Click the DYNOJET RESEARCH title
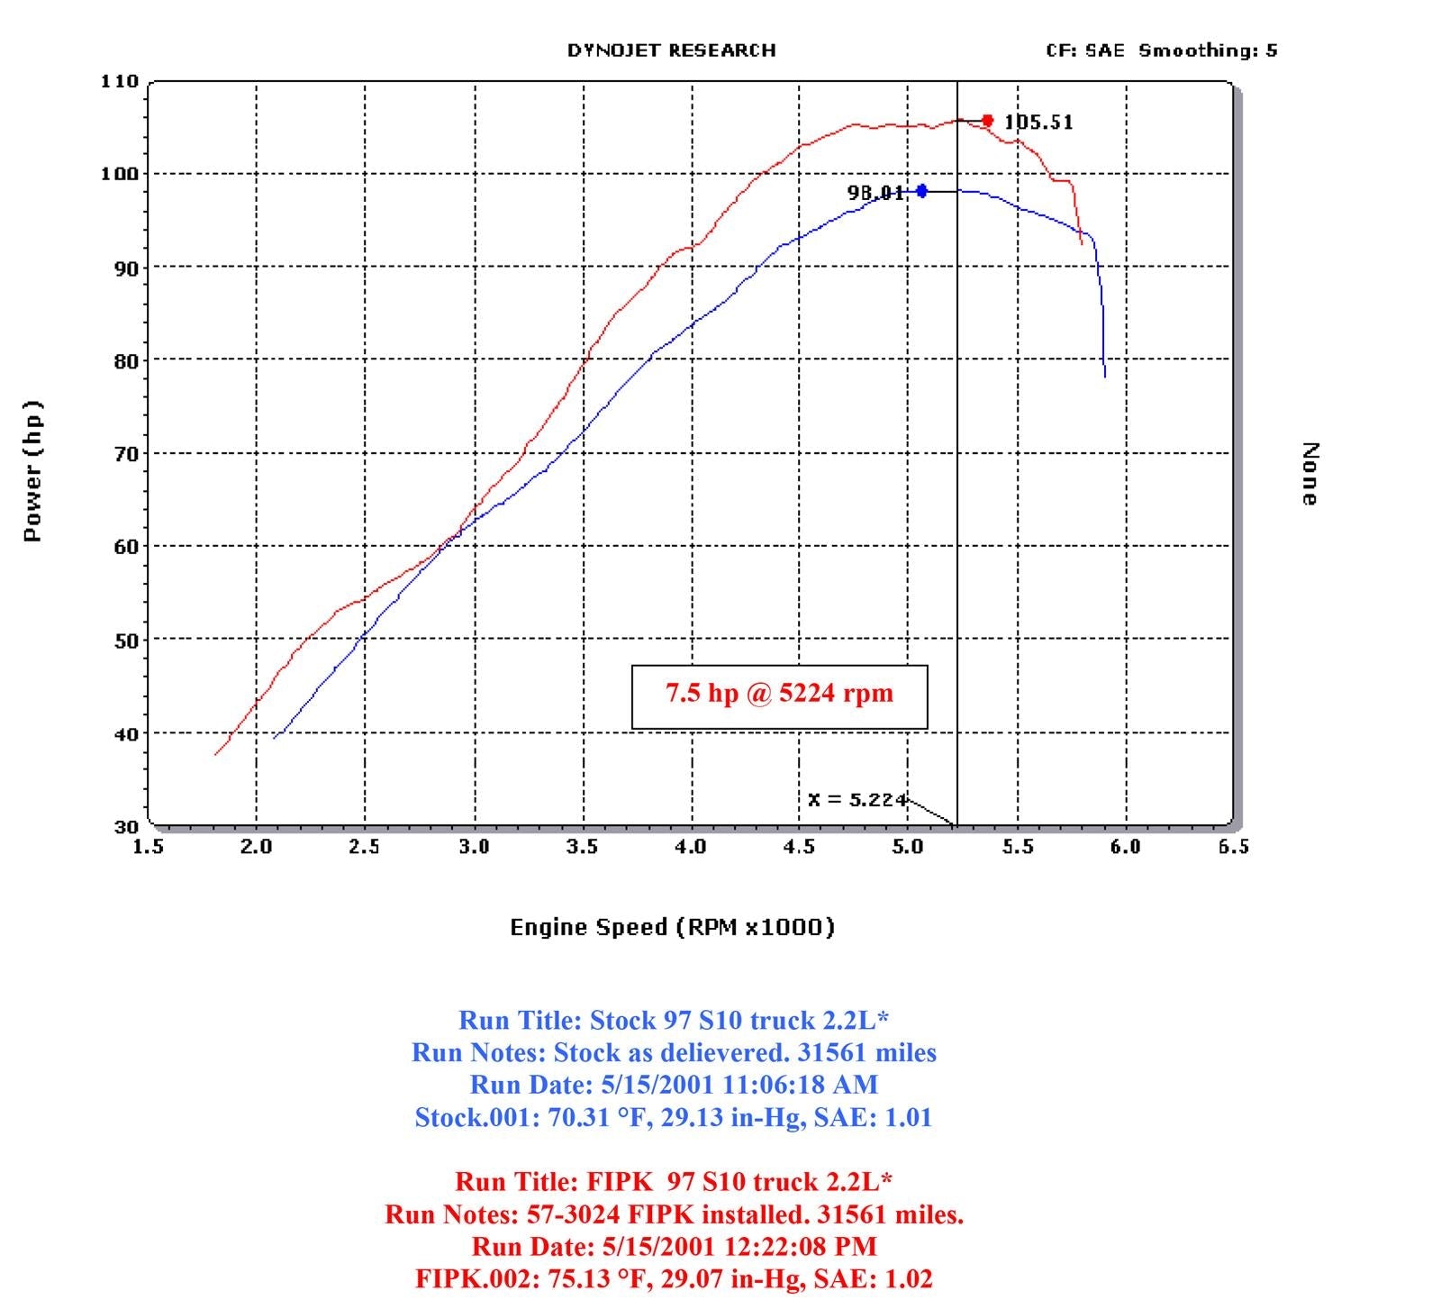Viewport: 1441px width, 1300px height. coord(671,50)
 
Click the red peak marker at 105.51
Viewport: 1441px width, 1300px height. coord(988,121)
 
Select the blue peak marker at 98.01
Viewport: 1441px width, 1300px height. coord(921,191)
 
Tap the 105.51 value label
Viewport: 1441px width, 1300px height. coord(1038,123)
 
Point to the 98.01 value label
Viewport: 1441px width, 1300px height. coord(875,193)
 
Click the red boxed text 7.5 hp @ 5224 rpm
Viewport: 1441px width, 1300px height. coord(779,694)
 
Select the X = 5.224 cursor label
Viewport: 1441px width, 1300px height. coord(856,800)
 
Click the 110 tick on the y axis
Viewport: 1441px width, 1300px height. coord(120,82)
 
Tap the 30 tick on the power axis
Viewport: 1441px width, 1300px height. coord(127,827)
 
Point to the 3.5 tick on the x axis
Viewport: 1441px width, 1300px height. coord(583,847)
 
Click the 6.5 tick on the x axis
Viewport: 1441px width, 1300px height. coord(1233,847)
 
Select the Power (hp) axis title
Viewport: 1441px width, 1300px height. coord(32,471)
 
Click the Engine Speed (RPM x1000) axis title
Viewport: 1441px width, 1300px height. coord(672,927)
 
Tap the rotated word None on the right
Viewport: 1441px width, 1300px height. coord(1310,474)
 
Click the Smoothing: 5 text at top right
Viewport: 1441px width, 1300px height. coord(1207,50)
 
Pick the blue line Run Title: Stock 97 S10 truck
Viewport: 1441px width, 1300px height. coord(674,1021)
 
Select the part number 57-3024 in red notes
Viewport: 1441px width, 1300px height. coord(573,1214)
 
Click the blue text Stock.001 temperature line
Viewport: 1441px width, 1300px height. coord(674,1118)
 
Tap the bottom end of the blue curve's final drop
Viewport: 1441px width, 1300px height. coord(1105,376)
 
